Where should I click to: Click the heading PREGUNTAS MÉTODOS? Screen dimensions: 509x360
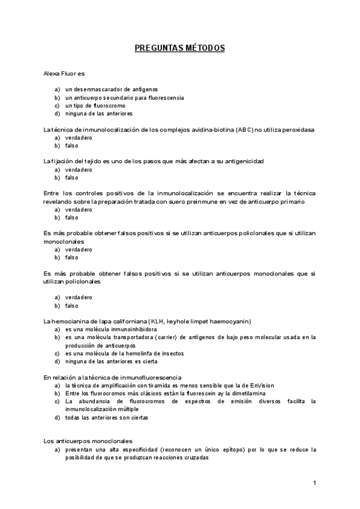[179, 48]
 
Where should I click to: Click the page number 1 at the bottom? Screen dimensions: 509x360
[314, 483]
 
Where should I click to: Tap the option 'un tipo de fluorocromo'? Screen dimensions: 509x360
[95, 105]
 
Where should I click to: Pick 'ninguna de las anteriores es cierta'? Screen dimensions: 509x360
[112, 361]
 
